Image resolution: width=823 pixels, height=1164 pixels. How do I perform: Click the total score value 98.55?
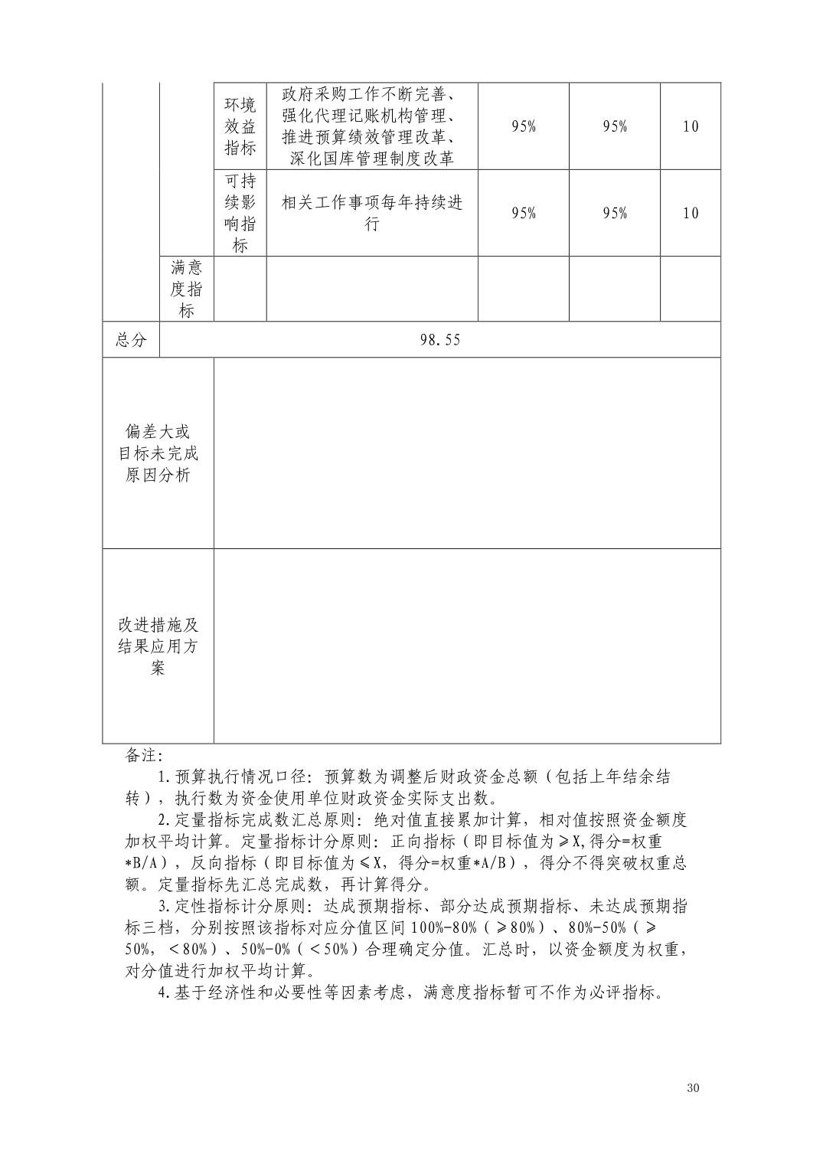pos(440,340)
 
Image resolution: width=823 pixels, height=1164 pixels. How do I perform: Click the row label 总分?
pos(131,340)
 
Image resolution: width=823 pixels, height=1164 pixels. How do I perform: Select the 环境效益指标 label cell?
pos(240,126)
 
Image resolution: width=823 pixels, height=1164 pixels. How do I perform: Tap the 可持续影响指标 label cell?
pos(240,213)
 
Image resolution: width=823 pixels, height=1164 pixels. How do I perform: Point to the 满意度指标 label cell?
pos(186,289)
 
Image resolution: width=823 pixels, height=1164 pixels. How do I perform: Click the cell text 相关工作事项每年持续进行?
pos(372,213)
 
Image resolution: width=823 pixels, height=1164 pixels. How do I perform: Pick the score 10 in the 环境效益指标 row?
pos(690,126)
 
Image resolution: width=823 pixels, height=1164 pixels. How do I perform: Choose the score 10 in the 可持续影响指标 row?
pos(690,213)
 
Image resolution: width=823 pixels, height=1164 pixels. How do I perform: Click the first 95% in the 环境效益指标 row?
pos(524,126)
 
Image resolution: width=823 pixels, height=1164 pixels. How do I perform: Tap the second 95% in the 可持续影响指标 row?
pos(615,213)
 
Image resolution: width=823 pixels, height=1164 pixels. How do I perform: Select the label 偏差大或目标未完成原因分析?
pos(158,453)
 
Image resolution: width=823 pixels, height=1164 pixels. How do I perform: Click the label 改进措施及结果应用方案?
pos(158,646)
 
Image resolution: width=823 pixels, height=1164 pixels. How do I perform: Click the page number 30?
pos(694,1088)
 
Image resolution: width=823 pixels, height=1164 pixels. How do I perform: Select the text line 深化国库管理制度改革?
pos(372,159)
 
